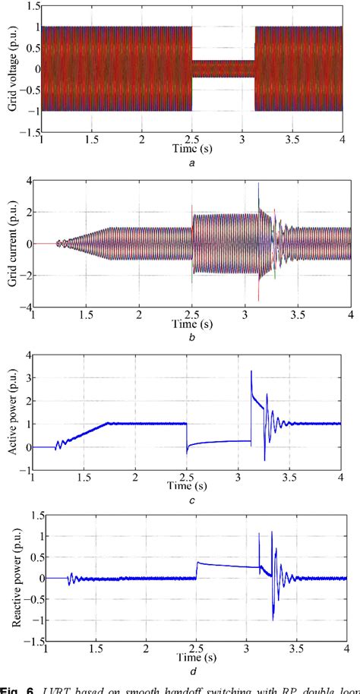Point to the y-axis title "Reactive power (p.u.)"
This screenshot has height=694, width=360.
pos(14,579)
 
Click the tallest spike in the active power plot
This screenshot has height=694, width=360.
pos(251,371)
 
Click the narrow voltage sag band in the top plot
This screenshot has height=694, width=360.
pos(223,68)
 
